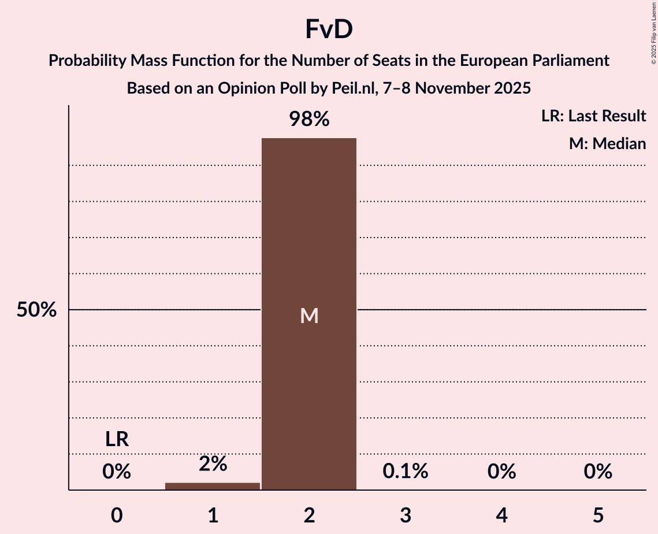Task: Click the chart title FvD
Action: tap(329, 30)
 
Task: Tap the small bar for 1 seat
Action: tap(213, 486)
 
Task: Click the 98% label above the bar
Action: tap(309, 120)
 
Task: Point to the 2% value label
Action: tap(213, 463)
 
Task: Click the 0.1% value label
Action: tap(405, 472)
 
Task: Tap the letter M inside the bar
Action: tap(309, 316)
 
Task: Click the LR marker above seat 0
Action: tap(117, 440)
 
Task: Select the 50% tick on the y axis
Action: tap(36, 310)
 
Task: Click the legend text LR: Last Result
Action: tap(593, 116)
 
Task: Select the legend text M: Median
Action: tap(607, 143)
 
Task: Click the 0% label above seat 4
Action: tap(501, 472)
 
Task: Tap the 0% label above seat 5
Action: tap(597, 472)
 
